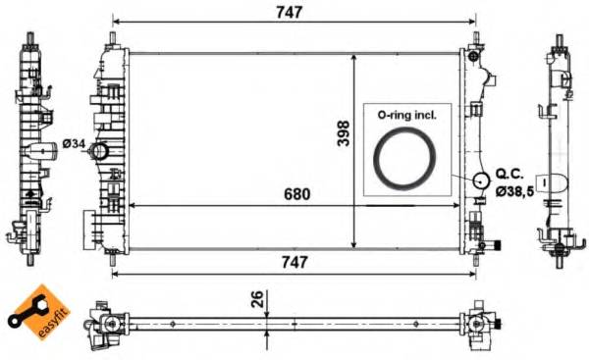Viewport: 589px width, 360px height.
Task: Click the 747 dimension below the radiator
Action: (294, 262)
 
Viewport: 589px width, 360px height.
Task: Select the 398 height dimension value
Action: (343, 132)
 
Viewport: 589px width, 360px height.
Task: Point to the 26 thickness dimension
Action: (256, 300)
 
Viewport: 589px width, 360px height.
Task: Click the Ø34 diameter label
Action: (74, 145)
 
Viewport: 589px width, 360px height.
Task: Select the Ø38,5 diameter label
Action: (514, 192)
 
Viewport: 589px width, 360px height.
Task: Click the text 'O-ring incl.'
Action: (407, 115)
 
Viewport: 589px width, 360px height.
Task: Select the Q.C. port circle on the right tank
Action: (480, 180)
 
